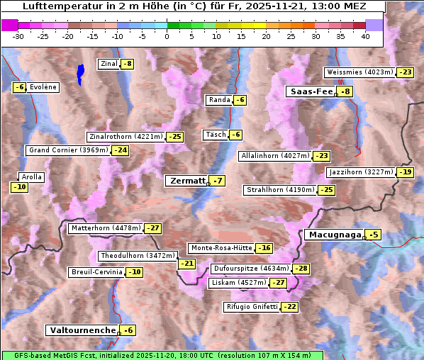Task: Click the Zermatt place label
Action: (x=186, y=181)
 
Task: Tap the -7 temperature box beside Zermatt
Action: (x=218, y=181)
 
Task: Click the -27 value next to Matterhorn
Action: (x=152, y=228)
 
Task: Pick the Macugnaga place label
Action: (x=333, y=235)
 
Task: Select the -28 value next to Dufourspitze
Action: (x=301, y=269)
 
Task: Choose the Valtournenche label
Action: (x=82, y=330)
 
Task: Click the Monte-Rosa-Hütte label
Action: (x=221, y=248)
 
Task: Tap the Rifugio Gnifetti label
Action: (x=251, y=307)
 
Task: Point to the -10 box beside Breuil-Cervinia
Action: (x=134, y=272)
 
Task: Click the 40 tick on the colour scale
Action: (x=365, y=36)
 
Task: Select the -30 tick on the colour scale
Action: (x=18, y=36)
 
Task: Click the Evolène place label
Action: (x=43, y=86)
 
